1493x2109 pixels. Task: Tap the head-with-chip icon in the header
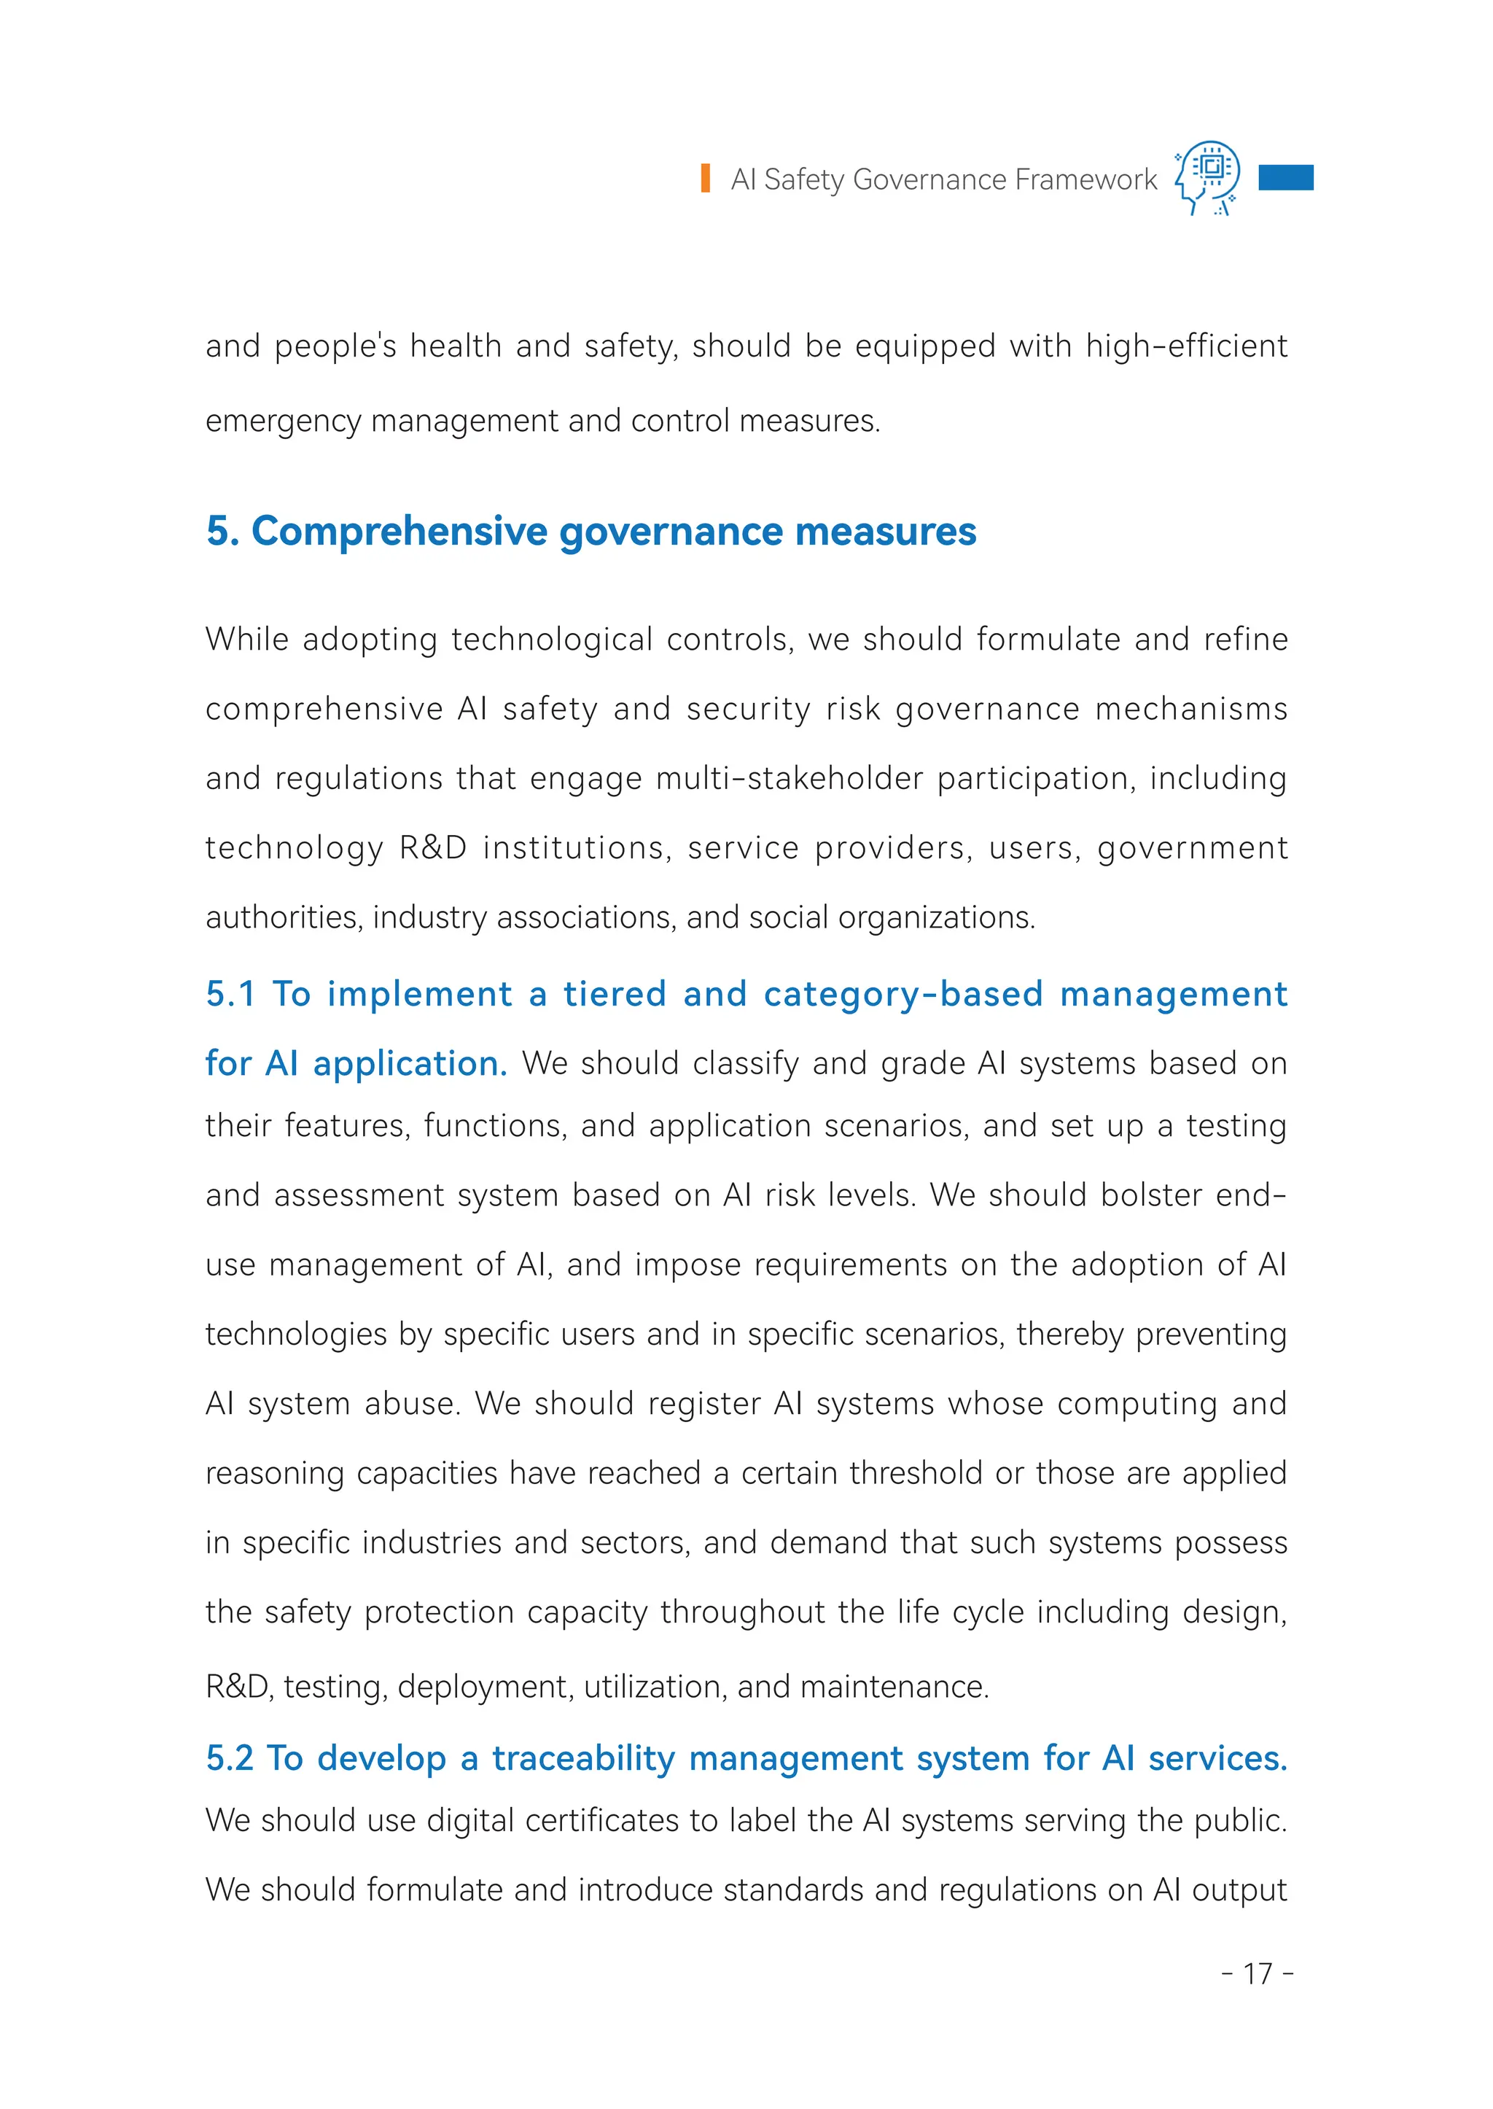pyautogui.click(x=1208, y=176)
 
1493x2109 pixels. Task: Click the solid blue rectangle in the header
pyautogui.click(x=1285, y=176)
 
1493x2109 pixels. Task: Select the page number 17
pyautogui.click(x=1258, y=1973)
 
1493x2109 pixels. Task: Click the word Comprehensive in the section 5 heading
pyautogui.click(x=400, y=532)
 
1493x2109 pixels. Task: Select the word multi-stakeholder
pyautogui.click(x=789, y=778)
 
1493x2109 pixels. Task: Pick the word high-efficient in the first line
pyautogui.click(x=1186, y=346)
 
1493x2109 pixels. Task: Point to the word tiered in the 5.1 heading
pyautogui.click(x=614, y=994)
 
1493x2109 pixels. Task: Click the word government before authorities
pyautogui.click(x=1193, y=848)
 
